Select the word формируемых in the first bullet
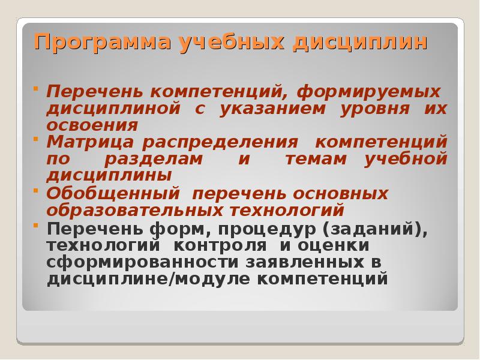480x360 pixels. pyautogui.click(x=368, y=94)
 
